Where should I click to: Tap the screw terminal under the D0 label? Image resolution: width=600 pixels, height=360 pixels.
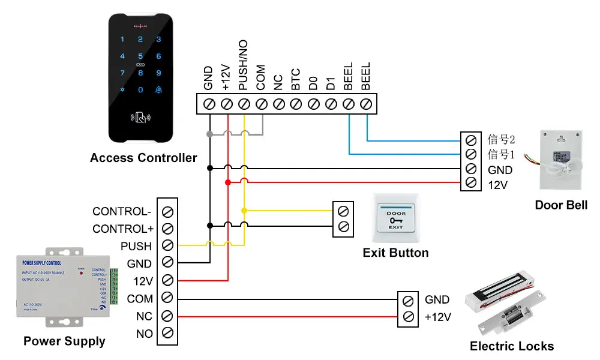pyautogui.click(x=313, y=104)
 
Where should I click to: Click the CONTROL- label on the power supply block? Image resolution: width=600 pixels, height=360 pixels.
pyautogui.click(x=122, y=212)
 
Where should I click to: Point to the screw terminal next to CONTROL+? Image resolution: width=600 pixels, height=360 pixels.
pyautogui.click(x=168, y=229)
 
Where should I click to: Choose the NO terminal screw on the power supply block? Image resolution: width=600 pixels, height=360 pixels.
pyautogui.click(x=168, y=333)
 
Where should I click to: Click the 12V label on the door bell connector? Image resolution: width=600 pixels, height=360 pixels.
pyautogui.click(x=498, y=185)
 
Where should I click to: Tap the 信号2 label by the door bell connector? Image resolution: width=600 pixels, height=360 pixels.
pyautogui.click(x=501, y=140)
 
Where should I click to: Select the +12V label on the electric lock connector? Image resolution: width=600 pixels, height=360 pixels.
pyautogui.click(x=438, y=317)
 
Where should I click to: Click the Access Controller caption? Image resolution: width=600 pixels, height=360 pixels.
pyautogui.click(x=143, y=158)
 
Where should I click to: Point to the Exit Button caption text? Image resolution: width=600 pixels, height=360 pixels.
pyautogui.click(x=395, y=253)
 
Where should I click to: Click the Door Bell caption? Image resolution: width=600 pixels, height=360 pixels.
pyautogui.click(x=561, y=205)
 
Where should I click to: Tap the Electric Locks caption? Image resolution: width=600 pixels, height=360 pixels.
pyautogui.click(x=512, y=346)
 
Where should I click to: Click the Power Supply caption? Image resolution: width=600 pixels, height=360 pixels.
pyautogui.click(x=64, y=341)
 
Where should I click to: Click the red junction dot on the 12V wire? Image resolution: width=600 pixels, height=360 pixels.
pyautogui.click(x=227, y=182)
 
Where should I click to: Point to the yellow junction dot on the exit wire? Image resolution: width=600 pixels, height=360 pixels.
pyautogui.click(x=244, y=211)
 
